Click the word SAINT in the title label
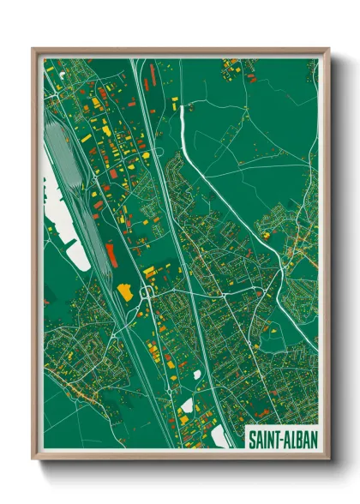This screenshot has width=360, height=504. [262, 437]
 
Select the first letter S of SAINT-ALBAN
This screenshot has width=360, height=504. [252, 437]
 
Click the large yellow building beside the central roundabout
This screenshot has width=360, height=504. [125, 291]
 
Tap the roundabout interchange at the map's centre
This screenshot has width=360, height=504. [147, 292]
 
